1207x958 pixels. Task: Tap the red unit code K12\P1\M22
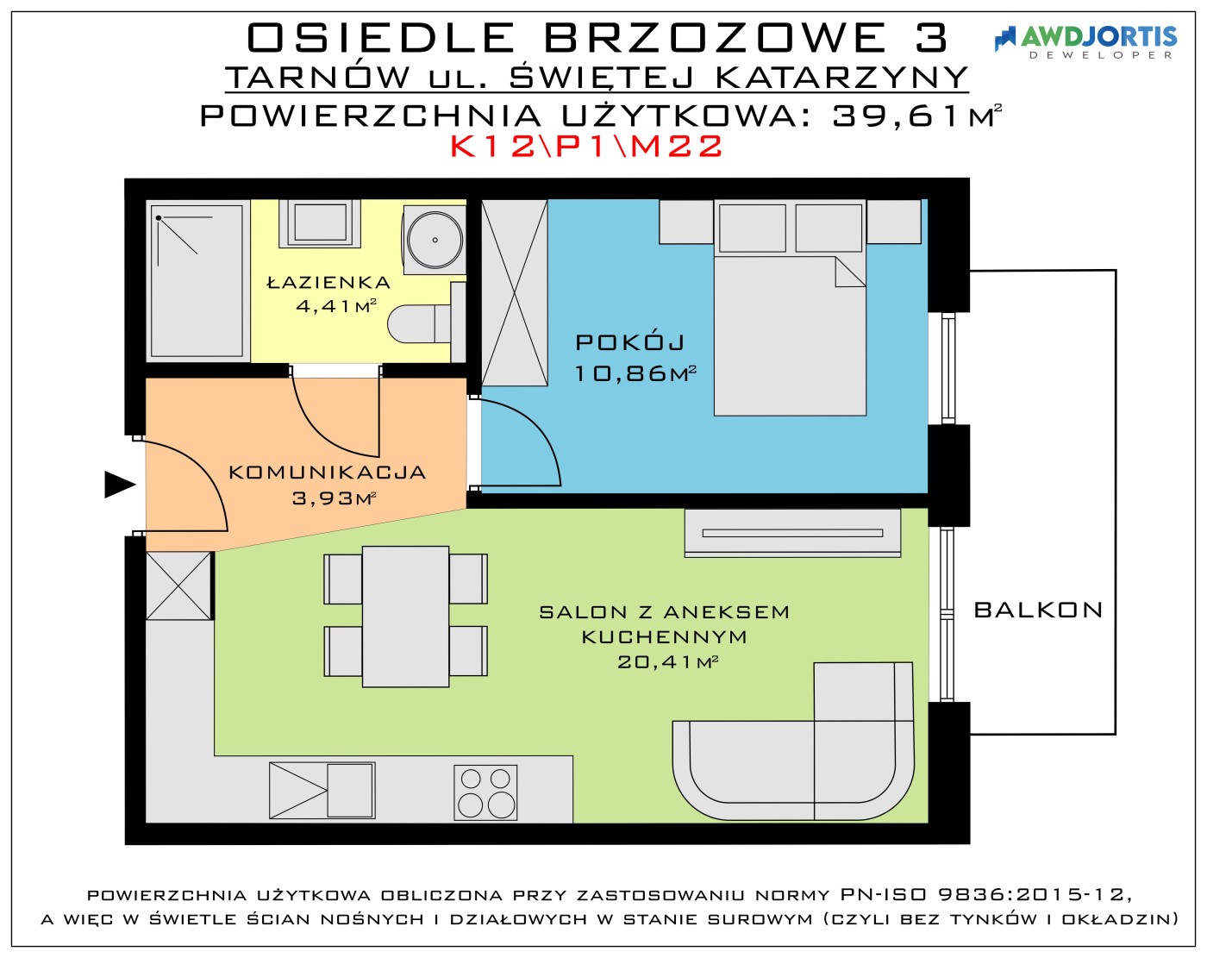[586, 147]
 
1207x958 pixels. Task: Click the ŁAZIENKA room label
[328, 282]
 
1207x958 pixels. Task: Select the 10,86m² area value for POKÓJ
[635, 373]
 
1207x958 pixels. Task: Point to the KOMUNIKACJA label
[328, 473]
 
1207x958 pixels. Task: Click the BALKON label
[1038, 610]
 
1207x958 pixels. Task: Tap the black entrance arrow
[120, 485]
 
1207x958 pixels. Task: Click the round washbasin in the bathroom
[435, 240]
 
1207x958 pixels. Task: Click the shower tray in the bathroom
[197, 280]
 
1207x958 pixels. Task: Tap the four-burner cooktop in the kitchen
[485, 792]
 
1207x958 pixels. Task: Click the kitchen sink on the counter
[322, 791]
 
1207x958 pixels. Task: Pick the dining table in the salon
[405, 617]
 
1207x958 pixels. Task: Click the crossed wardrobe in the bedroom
[515, 293]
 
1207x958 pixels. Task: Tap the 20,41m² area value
[667, 662]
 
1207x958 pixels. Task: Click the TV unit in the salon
[792, 533]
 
